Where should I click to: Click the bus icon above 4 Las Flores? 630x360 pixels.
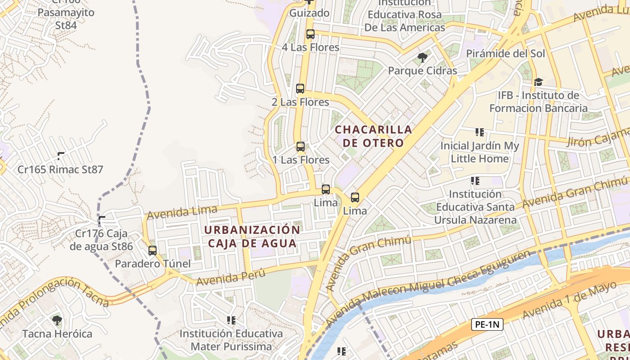(310, 34)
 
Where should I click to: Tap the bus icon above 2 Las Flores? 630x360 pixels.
(300, 89)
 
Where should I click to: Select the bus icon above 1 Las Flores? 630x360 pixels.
(301, 147)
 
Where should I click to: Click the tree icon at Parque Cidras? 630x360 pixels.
(422, 57)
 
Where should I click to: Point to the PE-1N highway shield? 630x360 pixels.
(487, 324)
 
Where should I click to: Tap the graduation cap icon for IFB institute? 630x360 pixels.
(538, 82)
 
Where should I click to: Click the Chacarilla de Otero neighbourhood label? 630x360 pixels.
(373, 136)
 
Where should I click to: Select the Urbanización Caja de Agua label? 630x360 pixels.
(252, 237)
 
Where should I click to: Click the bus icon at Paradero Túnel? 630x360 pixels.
(153, 251)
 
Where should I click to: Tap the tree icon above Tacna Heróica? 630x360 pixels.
(57, 320)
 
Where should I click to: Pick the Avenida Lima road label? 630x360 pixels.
(182, 212)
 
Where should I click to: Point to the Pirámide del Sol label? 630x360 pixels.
(505, 54)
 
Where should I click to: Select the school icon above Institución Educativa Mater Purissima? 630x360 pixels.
(231, 320)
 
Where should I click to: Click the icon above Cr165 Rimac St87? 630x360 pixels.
(61, 156)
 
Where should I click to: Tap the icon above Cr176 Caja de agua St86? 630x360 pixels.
(102, 220)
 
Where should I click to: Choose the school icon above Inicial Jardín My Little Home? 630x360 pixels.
(480, 132)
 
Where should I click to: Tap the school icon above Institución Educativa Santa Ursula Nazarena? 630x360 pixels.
(475, 181)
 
